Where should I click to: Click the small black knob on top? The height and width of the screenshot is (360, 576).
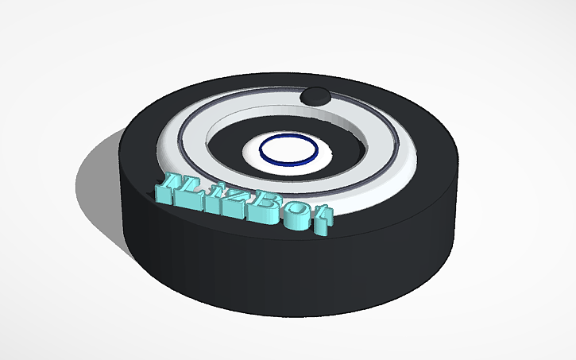tap(315, 95)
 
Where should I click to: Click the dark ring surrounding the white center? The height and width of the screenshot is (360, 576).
tap(230, 139)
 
